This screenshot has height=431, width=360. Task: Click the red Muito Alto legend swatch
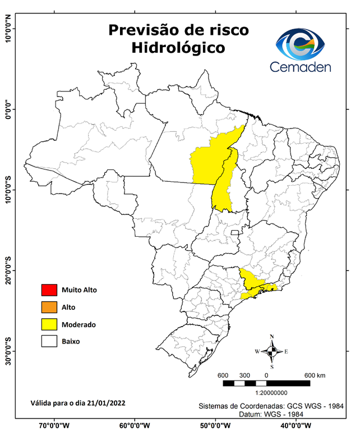coord(49,290)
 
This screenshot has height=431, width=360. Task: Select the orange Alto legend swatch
coord(49,307)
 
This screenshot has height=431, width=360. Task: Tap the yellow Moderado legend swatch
coord(49,324)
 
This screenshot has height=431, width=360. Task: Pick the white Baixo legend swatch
coord(49,341)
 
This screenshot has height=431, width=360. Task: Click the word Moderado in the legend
coord(79,324)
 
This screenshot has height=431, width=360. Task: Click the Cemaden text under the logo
coord(301,67)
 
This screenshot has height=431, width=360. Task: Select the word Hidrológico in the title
coord(178,48)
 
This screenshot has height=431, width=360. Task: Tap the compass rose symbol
coord(272,351)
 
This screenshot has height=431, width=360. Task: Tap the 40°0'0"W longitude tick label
coord(296,425)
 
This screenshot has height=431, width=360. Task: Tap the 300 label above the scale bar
coord(244,375)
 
